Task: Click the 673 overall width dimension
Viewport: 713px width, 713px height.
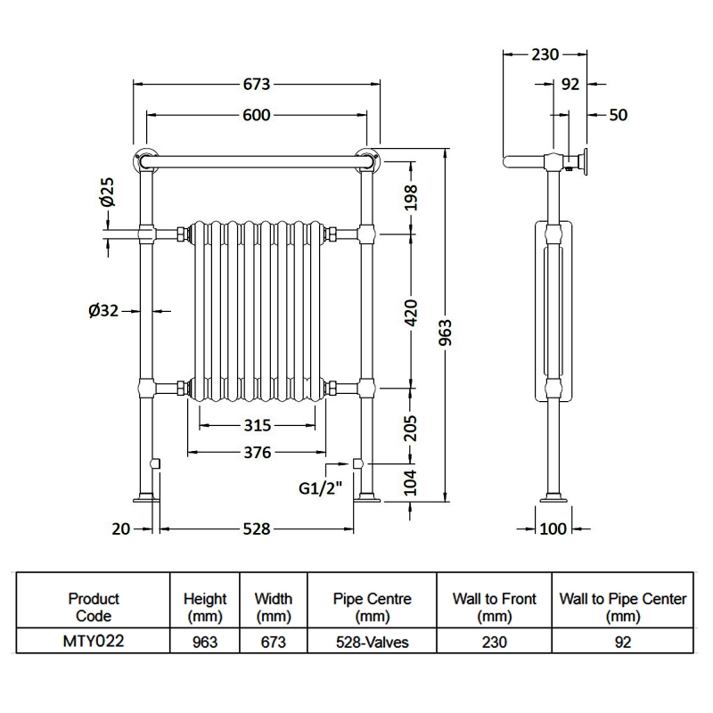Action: pyautogui.click(x=256, y=85)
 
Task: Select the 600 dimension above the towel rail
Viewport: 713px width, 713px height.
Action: pyautogui.click(x=256, y=115)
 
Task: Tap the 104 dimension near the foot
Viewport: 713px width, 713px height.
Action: pyautogui.click(x=411, y=482)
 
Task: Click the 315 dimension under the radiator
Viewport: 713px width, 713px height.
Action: pyautogui.click(x=256, y=425)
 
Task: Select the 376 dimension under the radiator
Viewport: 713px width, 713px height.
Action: pyautogui.click(x=256, y=453)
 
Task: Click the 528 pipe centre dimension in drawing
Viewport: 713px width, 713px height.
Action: pyautogui.click(x=256, y=529)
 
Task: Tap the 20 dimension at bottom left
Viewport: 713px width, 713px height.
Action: pyautogui.click(x=120, y=529)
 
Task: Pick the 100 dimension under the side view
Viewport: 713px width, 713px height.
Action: pyautogui.click(x=553, y=529)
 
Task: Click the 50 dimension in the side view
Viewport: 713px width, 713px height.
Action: pyautogui.click(x=619, y=115)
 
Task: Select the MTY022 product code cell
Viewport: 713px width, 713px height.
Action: pyautogui.click(x=94, y=642)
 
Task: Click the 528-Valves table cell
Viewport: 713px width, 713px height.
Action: pyautogui.click(x=372, y=642)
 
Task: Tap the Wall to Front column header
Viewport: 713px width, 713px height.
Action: pyautogui.click(x=494, y=607)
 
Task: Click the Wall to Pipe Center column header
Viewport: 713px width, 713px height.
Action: pyautogui.click(x=623, y=607)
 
